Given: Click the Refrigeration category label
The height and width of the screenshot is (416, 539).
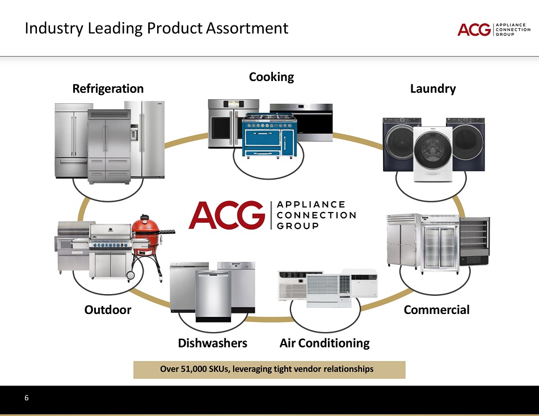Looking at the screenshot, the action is point(108,89).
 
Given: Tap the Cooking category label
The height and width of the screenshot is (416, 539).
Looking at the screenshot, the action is point(271,77).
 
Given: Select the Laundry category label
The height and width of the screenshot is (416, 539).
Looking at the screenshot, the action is point(433,89).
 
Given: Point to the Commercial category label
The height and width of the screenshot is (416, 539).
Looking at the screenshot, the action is point(436,310).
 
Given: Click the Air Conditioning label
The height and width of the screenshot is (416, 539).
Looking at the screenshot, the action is point(325,343).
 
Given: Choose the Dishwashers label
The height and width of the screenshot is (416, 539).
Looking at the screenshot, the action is point(213,343).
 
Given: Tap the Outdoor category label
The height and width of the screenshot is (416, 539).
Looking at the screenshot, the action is point(108,310).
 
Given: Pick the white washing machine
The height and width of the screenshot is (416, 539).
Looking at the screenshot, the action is point(432,153).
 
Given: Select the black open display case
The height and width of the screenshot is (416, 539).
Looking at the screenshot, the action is point(474,241).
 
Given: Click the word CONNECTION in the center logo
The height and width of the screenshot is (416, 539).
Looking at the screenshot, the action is point(317,215).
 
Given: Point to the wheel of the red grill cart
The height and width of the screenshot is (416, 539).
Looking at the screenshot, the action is point(130,275).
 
